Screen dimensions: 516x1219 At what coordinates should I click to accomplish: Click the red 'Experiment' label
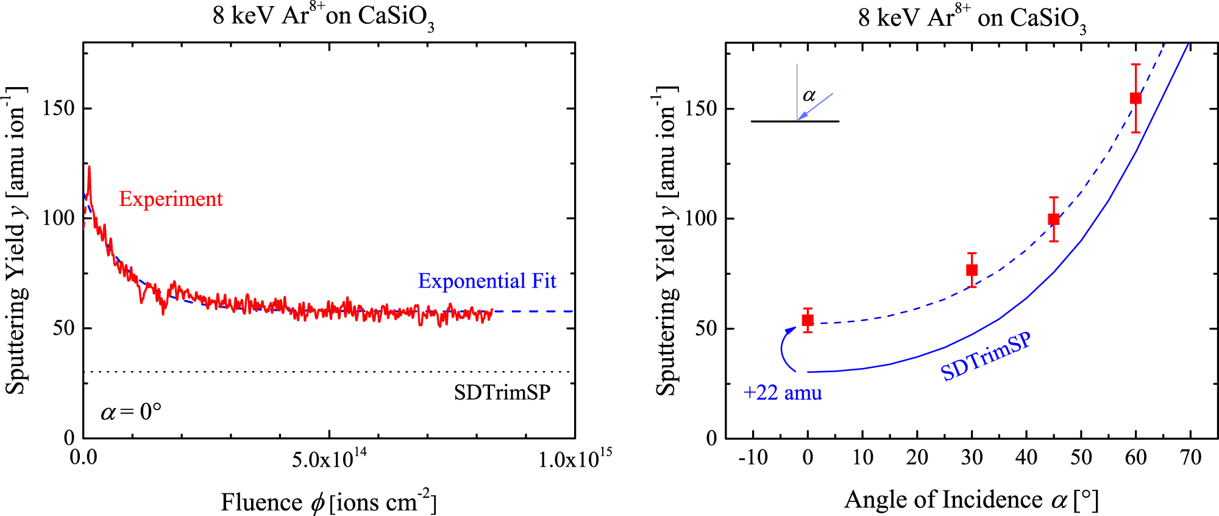click(x=171, y=199)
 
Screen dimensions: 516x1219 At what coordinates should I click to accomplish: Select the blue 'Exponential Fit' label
click(x=486, y=281)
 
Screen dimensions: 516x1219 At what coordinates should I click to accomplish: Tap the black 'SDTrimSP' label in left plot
click(x=502, y=392)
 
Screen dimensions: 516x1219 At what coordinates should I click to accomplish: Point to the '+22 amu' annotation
click(x=783, y=393)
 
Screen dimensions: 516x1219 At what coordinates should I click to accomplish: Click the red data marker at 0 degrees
click(x=808, y=320)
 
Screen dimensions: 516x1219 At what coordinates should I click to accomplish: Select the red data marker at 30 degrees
click(x=972, y=270)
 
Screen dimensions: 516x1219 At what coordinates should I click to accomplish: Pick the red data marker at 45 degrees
click(x=1054, y=219)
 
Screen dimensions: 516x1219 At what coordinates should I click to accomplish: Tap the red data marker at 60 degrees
click(x=1135, y=98)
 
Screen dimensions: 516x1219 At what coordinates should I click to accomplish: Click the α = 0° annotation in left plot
click(x=131, y=412)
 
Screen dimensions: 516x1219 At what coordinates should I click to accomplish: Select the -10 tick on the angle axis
click(x=753, y=458)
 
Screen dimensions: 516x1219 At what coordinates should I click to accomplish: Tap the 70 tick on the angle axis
click(x=1190, y=458)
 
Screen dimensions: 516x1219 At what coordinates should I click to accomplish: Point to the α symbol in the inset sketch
click(x=809, y=96)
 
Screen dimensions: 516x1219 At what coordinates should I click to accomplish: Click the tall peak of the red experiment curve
click(x=89, y=167)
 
